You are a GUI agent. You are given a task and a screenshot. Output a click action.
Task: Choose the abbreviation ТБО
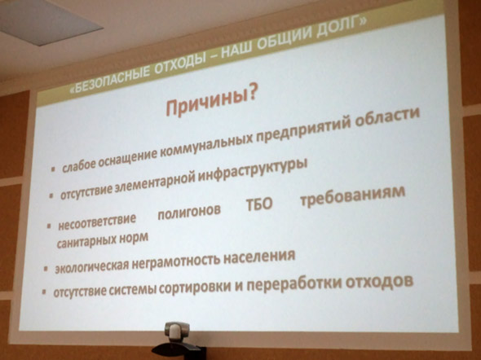[259, 204]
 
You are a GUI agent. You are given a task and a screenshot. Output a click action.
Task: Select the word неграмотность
[177, 261]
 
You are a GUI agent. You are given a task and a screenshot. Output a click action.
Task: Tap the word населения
[259, 256]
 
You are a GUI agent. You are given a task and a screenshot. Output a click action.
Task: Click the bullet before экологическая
[46, 269]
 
